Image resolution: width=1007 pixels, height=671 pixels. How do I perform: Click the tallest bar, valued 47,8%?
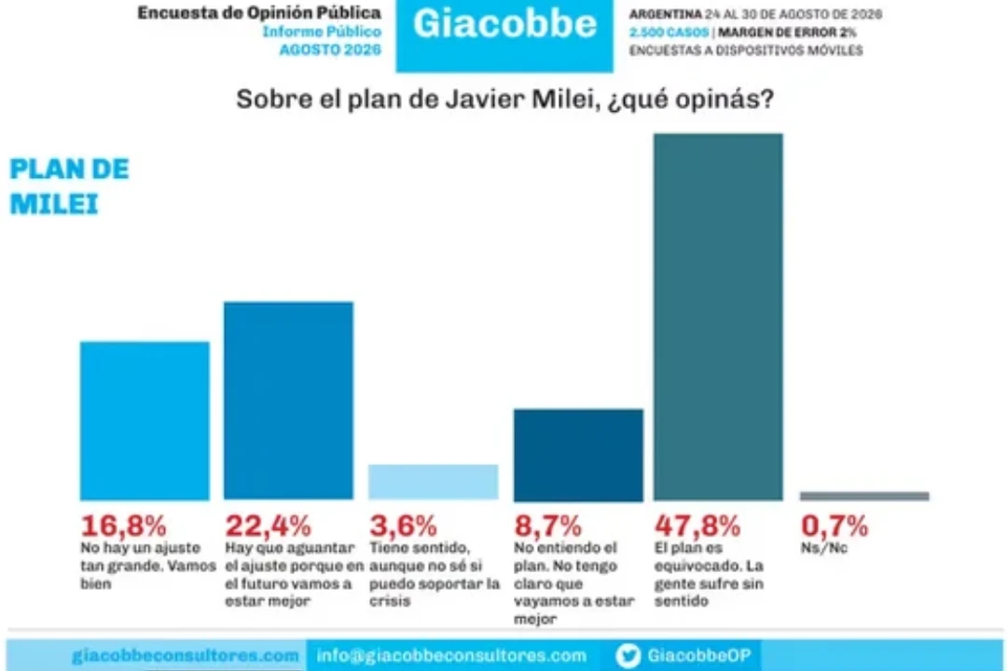click(718, 317)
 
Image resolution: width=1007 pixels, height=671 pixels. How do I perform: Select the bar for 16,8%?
click(145, 420)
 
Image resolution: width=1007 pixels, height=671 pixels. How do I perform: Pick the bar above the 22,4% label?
click(288, 401)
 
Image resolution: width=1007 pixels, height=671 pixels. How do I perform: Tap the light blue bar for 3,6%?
click(433, 482)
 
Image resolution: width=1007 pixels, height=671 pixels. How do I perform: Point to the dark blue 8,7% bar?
click(578, 455)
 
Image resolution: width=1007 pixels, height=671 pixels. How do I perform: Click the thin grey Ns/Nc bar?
click(864, 496)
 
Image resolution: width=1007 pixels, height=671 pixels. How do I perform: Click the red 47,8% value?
click(697, 526)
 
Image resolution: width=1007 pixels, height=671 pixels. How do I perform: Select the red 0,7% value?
click(835, 526)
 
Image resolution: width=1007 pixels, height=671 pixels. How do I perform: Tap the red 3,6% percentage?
click(404, 526)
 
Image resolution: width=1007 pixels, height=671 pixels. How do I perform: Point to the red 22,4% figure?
click(268, 526)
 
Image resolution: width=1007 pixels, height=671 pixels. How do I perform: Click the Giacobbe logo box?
click(504, 35)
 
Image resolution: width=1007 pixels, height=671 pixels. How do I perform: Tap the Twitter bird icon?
click(628, 655)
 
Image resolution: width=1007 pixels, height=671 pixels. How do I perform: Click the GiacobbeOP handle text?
click(698, 655)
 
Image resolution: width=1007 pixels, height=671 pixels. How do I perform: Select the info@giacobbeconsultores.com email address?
click(451, 655)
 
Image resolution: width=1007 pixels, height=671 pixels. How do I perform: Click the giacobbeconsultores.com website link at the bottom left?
click(186, 655)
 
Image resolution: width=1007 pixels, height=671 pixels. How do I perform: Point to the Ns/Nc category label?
click(824, 548)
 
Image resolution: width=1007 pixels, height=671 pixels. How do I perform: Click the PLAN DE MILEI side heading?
click(69, 186)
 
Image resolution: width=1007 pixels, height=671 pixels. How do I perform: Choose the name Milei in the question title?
click(562, 99)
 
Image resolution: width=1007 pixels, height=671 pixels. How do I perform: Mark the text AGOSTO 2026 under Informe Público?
click(330, 50)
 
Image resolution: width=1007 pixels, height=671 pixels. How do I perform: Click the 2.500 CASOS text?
click(669, 32)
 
